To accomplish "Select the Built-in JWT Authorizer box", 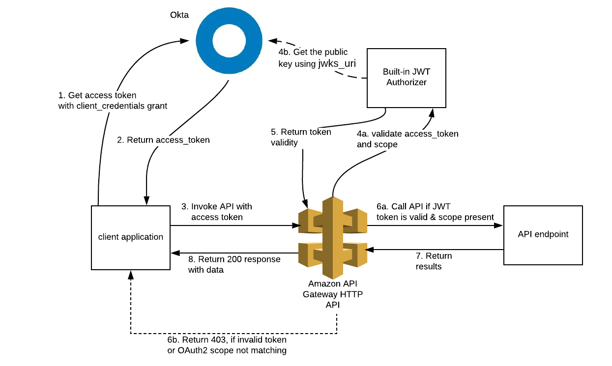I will pos(406,78).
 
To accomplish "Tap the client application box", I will pos(130,237).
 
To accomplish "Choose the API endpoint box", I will pos(543,235).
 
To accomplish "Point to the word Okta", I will pos(179,15).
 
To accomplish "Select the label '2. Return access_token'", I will pos(163,140).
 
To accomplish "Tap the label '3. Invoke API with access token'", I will pos(221,212).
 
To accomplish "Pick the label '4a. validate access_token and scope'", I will pos(408,139).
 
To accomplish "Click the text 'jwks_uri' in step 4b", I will pos(337,63).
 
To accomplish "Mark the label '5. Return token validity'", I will pos(301,137).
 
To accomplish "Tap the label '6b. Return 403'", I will pos(227,339).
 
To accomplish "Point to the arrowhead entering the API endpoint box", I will pos(500,225).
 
